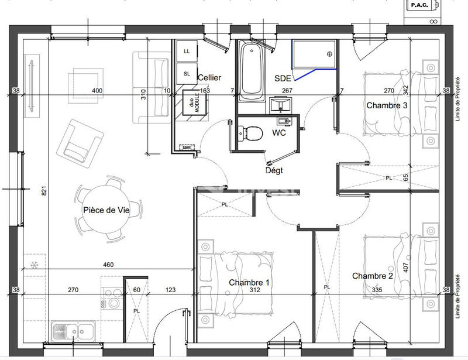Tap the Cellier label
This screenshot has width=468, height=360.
[x=209, y=78]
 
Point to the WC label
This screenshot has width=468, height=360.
[x=279, y=133]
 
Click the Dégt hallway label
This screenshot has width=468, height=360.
[x=274, y=170]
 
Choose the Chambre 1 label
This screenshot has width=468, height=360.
[x=249, y=283]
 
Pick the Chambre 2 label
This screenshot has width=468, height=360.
[x=372, y=276]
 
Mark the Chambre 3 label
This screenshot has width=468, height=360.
[x=387, y=105]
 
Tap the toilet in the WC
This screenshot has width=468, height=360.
[x=252, y=133]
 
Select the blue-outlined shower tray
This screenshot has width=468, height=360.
[x=315, y=57]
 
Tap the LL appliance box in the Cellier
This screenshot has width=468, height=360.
[x=187, y=51]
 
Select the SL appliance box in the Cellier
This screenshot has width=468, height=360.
[x=187, y=74]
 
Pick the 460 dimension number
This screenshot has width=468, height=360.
[x=108, y=265]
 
